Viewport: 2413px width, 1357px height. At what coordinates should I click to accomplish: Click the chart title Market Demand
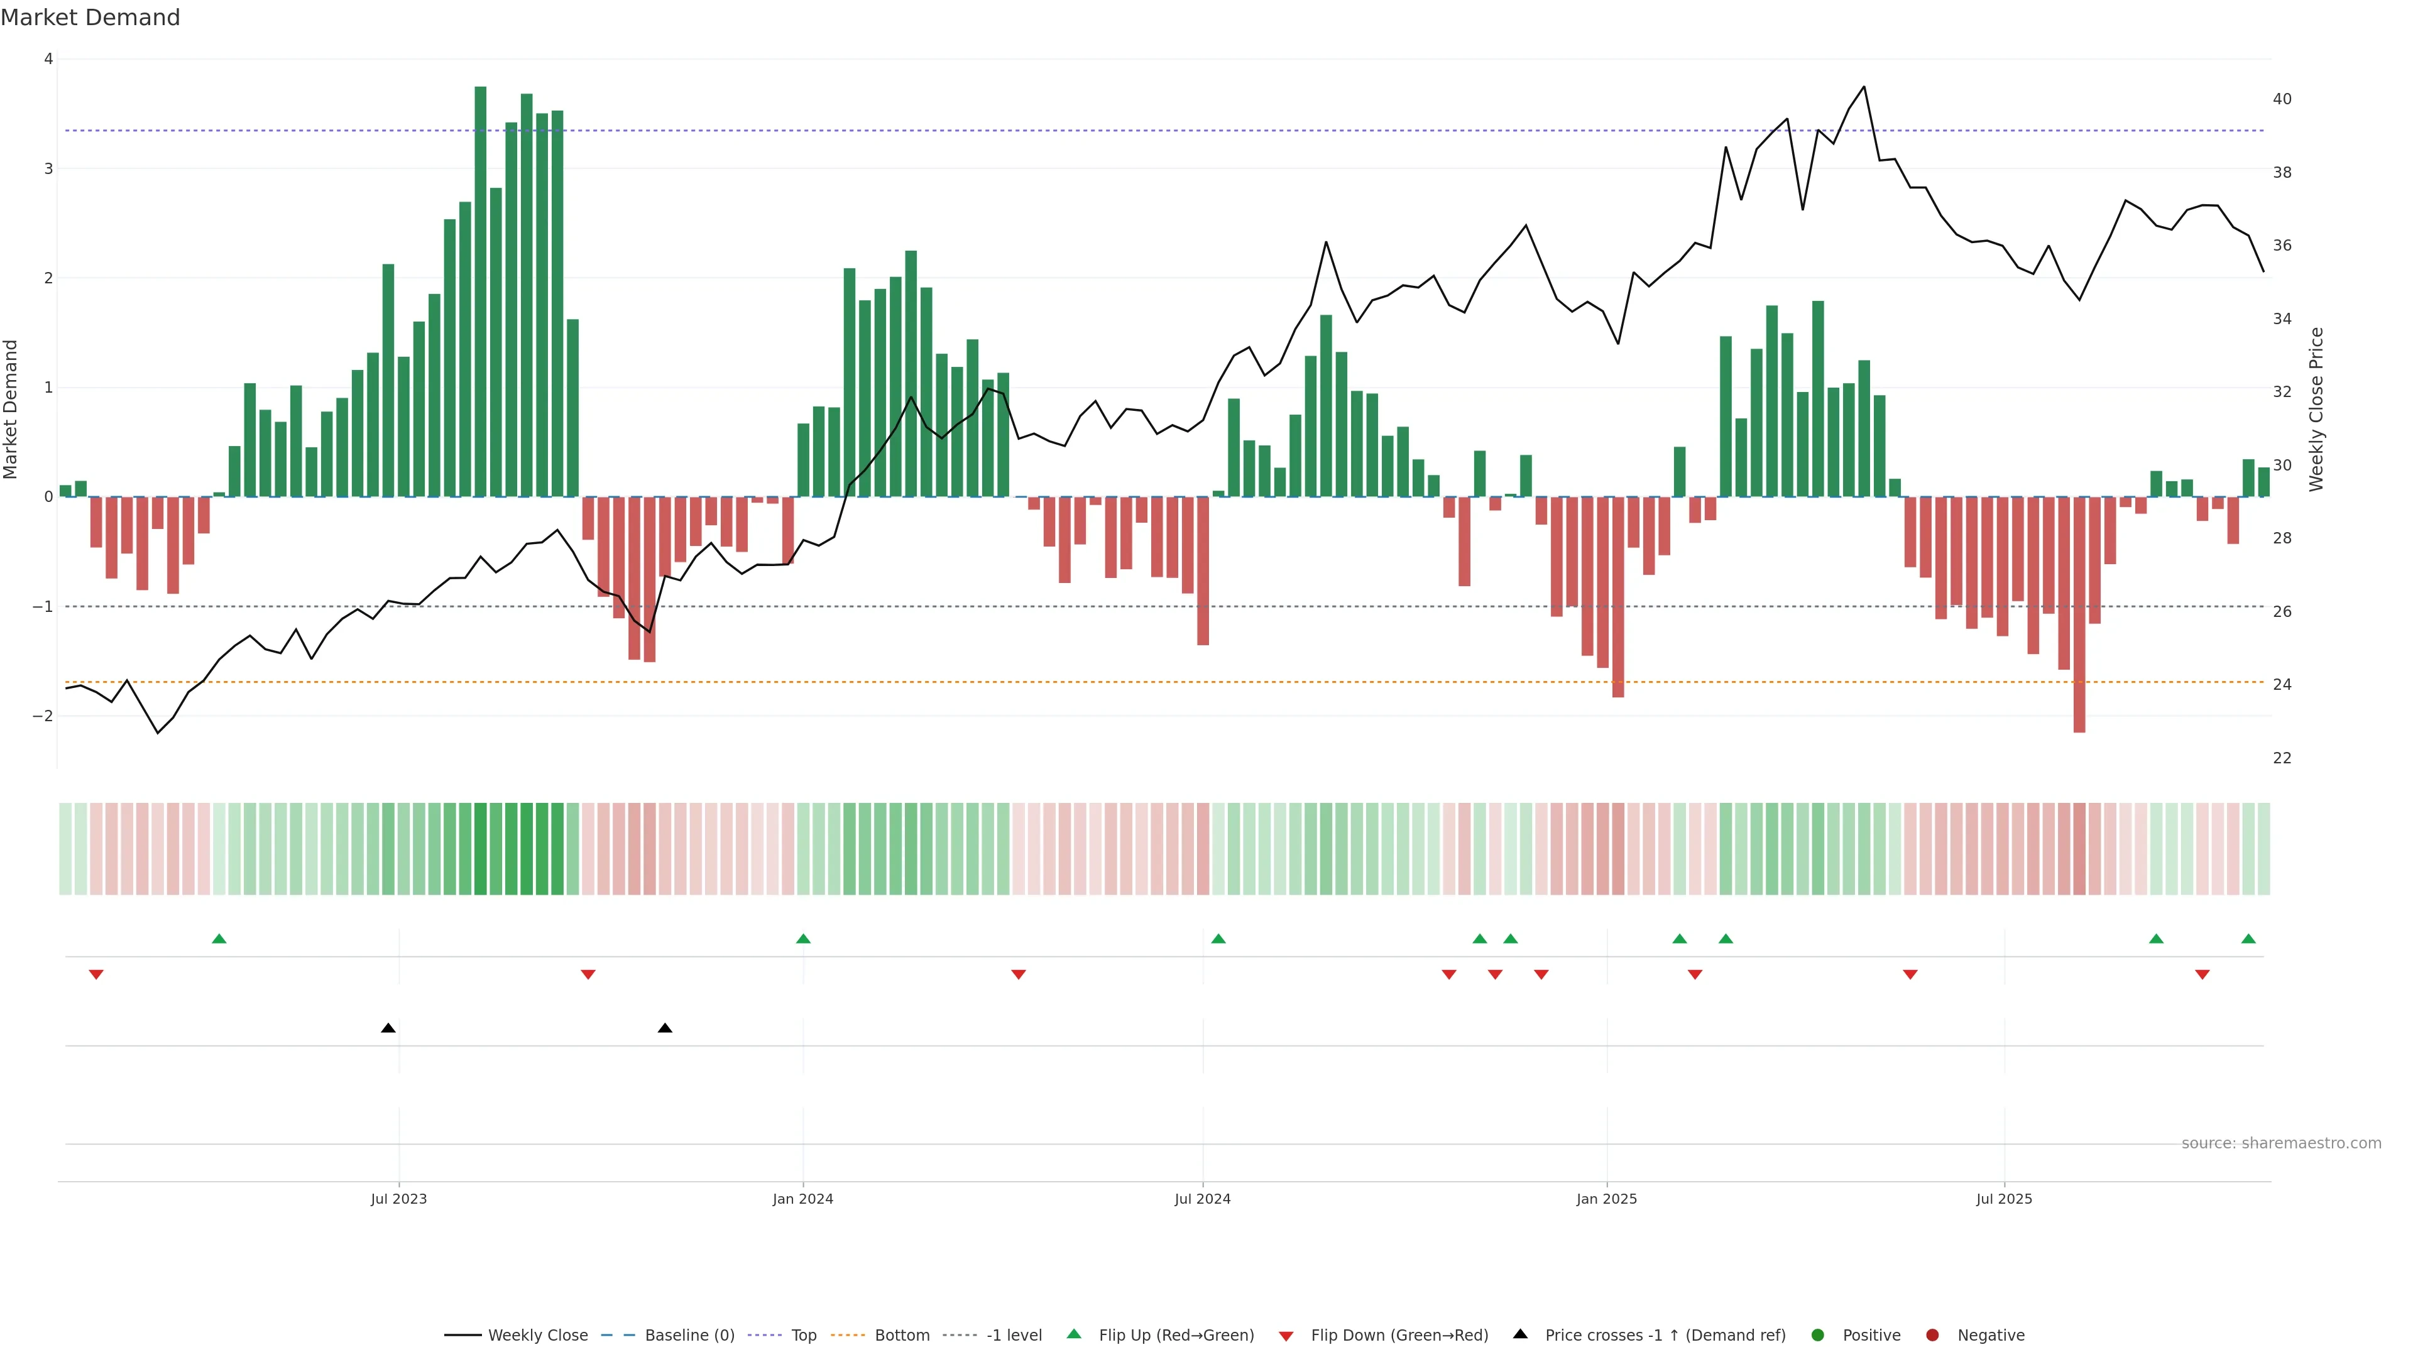point(90,18)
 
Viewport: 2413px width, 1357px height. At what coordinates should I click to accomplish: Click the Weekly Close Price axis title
point(2316,409)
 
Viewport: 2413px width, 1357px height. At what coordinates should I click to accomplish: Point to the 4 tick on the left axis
point(48,59)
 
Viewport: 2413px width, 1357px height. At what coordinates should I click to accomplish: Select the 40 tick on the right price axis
point(2282,99)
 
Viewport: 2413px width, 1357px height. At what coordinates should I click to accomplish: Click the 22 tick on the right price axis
point(2282,758)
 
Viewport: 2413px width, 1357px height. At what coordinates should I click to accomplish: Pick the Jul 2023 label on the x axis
point(398,1199)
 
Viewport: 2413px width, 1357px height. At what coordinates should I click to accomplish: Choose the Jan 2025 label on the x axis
point(1607,1199)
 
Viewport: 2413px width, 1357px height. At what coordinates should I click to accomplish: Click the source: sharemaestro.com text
point(2281,1143)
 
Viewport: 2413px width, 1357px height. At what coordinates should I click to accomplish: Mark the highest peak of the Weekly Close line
point(1864,87)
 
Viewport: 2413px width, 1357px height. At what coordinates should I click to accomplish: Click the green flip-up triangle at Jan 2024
point(803,939)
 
